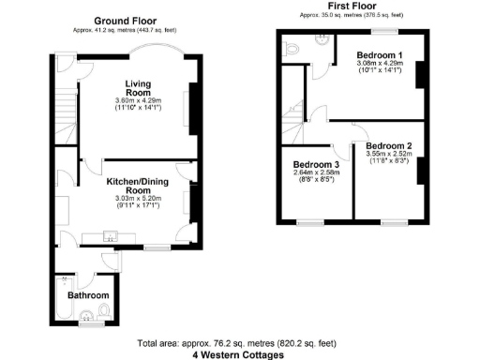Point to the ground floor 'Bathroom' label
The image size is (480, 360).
pos(80,294)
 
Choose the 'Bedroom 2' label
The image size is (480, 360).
pos(389,146)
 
